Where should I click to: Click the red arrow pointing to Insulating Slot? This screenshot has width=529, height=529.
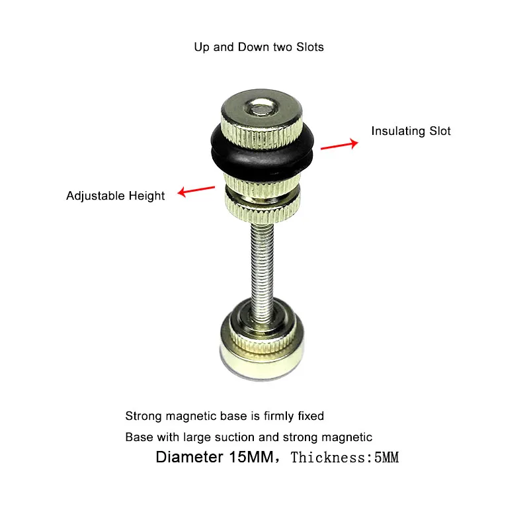(339, 145)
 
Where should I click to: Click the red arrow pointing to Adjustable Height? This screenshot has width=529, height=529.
(196, 190)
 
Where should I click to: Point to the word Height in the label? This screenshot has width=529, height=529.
(147, 196)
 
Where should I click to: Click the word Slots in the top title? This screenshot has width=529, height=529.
(310, 47)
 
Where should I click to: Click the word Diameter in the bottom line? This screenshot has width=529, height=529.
(189, 457)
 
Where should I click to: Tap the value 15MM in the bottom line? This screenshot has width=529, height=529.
(251, 457)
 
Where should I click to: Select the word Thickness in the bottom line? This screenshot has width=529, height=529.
(328, 458)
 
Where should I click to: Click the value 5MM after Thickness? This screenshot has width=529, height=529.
(386, 458)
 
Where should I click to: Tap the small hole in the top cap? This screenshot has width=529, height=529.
(261, 108)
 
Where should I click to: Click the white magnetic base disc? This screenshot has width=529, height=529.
(262, 364)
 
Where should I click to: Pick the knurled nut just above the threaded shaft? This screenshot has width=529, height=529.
(262, 212)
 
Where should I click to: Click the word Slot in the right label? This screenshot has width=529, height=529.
(440, 131)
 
